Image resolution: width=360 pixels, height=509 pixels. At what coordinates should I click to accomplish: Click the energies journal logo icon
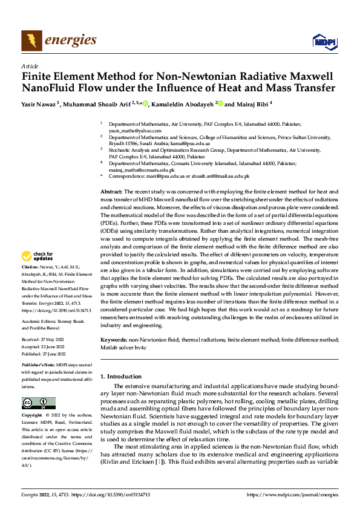31,41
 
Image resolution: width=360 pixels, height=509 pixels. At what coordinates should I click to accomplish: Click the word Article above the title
30,66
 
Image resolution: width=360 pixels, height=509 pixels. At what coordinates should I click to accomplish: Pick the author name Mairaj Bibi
250,103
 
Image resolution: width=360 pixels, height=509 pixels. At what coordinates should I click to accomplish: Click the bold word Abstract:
112,191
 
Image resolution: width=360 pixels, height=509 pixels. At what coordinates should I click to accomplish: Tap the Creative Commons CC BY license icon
39,403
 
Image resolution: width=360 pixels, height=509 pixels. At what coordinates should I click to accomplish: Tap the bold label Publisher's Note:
39,366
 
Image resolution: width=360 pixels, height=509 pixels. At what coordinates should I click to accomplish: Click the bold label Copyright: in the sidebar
33,416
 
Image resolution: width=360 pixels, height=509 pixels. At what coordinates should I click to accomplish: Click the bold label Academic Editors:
39,322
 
